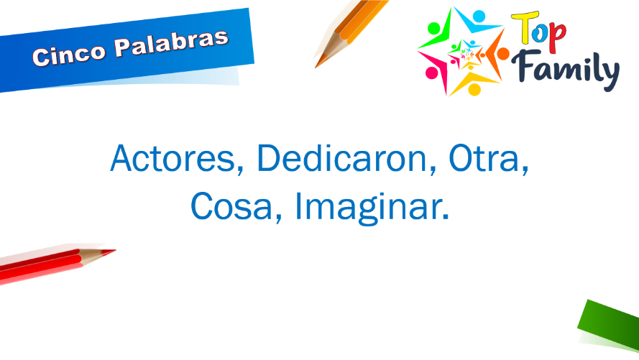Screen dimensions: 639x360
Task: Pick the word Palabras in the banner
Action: (x=171, y=44)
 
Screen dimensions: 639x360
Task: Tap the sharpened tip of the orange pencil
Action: (x=316, y=66)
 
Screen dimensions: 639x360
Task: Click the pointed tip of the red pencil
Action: (x=114, y=251)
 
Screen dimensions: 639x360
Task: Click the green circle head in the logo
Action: (x=434, y=28)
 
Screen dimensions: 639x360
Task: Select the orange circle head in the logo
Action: (x=503, y=53)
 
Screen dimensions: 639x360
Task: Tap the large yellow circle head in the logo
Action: (x=474, y=90)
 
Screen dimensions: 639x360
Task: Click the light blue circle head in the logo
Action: (x=479, y=16)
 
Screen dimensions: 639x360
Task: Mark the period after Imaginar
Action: (x=446, y=217)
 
